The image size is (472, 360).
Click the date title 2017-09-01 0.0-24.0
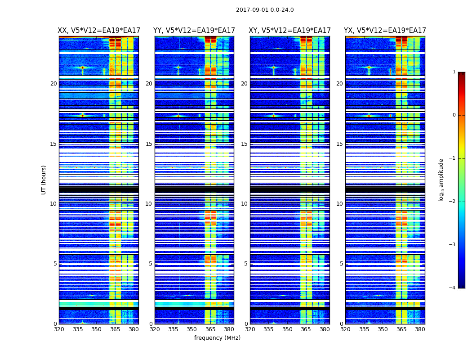265,10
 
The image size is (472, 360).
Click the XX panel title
99,31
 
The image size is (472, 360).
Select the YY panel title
194,31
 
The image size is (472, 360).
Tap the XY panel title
290,31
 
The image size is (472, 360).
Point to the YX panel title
385,31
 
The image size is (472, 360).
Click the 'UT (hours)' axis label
44,180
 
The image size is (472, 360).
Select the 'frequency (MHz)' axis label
217,338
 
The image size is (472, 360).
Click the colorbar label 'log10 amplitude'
441,180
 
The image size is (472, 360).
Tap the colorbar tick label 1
454,72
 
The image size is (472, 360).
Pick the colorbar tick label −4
453,288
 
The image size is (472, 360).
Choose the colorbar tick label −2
453,202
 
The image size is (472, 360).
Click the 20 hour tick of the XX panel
53,84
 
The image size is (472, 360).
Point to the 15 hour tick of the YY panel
149,144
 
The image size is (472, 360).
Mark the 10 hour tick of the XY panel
244,204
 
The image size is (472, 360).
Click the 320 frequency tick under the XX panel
59,329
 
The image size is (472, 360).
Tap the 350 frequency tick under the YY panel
192,329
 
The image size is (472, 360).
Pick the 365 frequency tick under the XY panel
306,329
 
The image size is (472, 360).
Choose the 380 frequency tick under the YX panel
420,329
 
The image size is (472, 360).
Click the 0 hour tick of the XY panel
246,324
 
